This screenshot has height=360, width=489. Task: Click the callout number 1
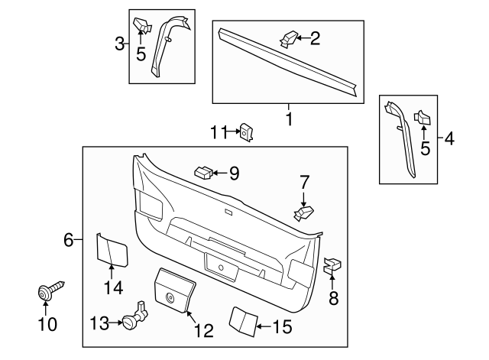289,119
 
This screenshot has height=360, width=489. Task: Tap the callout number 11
219,133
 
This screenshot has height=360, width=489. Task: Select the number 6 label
68,241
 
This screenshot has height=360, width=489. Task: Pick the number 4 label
449,139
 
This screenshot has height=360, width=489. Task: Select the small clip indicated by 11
247,132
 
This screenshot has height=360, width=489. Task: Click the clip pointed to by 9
202,172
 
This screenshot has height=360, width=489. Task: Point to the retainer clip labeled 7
303,211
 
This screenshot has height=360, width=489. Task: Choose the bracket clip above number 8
332,266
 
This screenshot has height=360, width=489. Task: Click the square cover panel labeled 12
175,290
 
